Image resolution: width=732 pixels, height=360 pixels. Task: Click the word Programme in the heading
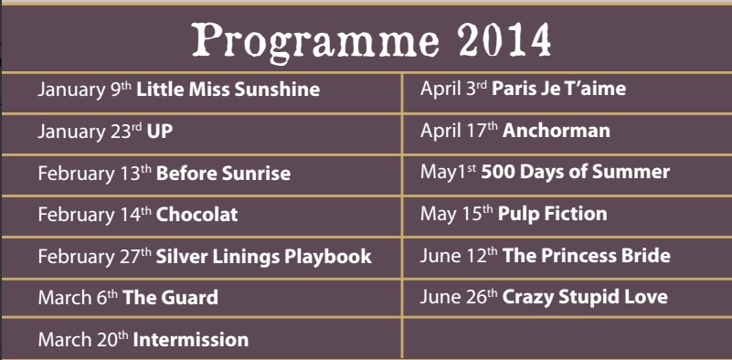[x=315, y=41]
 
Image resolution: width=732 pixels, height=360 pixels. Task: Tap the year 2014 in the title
[x=504, y=39]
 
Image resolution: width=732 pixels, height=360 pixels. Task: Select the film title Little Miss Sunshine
[x=228, y=90]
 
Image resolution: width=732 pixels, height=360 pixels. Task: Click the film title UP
[x=160, y=132]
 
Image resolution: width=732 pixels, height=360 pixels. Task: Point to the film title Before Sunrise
[x=223, y=174]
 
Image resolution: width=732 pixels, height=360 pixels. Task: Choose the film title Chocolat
[x=197, y=215]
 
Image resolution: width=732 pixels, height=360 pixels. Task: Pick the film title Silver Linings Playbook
[x=264, y=257]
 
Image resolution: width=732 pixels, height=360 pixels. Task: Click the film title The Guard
[x=170, y=298]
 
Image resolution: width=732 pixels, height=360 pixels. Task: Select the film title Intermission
[x=191, y=340]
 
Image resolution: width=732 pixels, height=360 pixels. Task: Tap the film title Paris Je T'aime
[x=558, y=89]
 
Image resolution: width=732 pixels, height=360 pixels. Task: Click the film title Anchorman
[x=557, y=131]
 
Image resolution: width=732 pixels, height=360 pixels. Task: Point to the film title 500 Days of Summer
[x=576, y=172]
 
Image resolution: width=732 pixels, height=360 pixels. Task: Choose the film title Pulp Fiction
[x=553, y=214]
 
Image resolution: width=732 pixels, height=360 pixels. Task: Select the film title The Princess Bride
[x=587, y=256]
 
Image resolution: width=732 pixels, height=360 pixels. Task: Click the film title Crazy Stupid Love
[x=585, y=298]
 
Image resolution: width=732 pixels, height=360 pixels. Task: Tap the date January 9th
[x=85, y=90]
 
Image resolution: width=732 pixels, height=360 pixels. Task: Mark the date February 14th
[x=95, y=215]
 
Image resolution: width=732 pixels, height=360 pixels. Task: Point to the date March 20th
[x=83, y=340]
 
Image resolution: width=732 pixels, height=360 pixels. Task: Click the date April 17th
[x=459, y=132]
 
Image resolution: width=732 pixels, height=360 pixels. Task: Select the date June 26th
[x=459, y=298]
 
